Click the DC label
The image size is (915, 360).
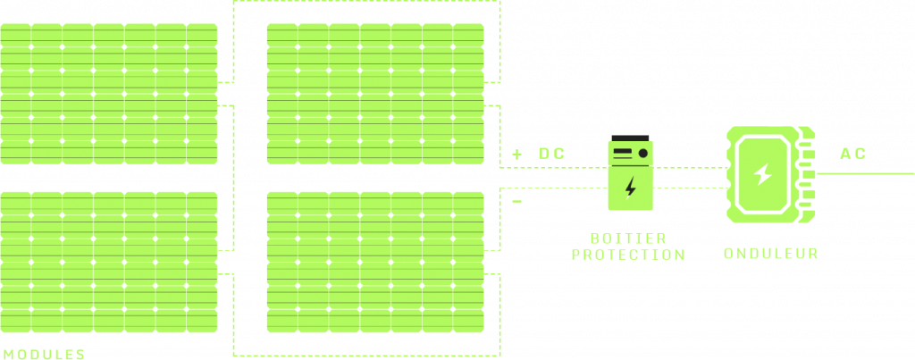551,155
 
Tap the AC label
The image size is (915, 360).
852,154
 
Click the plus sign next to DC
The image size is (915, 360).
517,155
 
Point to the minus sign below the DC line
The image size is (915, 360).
517,202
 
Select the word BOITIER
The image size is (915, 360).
628,239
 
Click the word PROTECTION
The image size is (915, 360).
628,255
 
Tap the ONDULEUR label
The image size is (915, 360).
771,254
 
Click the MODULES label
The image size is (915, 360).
44,354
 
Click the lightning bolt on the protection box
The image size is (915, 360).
631,188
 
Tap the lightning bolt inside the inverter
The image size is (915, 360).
762,174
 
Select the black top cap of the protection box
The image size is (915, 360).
630,140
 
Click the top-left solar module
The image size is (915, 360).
108,93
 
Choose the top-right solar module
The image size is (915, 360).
375,93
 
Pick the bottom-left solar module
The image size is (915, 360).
108,262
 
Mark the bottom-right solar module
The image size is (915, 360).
375,262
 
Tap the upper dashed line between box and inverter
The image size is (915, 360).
688,167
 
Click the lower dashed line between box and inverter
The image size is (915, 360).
688,188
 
